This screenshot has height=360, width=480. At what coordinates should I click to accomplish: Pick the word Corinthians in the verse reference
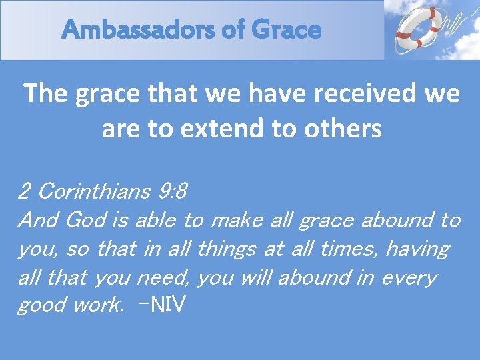(95, 192)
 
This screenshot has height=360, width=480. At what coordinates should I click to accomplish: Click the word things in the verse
(227, 249)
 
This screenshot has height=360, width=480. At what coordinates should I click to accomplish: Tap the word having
(417, 249)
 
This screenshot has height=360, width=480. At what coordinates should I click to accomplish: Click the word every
(408, 277)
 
